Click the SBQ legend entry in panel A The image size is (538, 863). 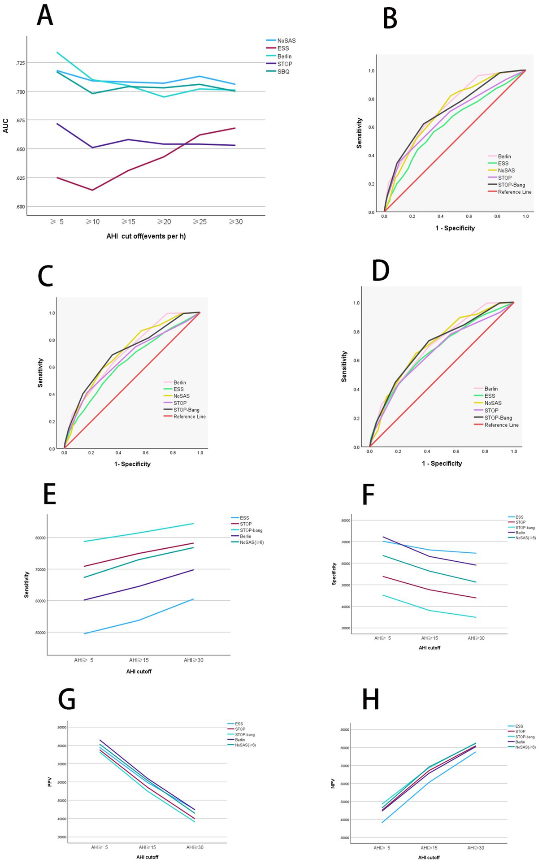[x=283, y=72]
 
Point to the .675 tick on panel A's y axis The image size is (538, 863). [x=20, y=120]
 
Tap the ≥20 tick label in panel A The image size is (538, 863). [x=164, y=221]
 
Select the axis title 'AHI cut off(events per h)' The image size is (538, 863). [x=146, y=236]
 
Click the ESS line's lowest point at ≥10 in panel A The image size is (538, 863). [x=93, y=190]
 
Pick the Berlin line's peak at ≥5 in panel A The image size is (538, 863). [x=57, y=52]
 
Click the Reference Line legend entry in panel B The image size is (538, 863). [x=514, y=192]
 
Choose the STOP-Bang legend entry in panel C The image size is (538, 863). [x=186, y=410]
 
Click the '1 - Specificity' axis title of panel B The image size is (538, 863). [x=455, y=228]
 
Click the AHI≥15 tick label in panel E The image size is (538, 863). [x=139, y=660]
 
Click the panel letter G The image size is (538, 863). [x=67, y=699]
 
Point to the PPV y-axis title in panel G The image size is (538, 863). [x=50, y=782]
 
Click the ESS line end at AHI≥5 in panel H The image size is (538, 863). [x=382, y=822]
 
